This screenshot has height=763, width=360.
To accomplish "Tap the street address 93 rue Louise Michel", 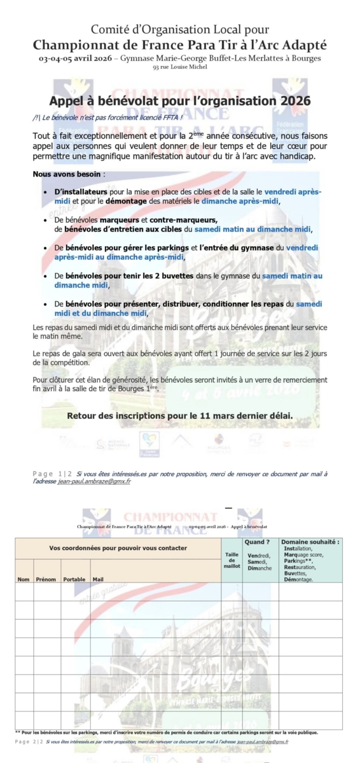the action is click(x=179, y=67).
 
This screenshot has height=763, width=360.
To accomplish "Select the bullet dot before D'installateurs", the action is click(x=44, y=192).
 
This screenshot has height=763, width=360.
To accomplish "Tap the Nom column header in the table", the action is click(x=24, y=579).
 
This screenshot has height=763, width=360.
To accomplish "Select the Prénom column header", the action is click(x=46, y=579).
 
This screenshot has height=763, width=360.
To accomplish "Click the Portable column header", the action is click(x=74, y=579).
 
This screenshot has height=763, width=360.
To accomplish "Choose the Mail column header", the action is click(x=98, y=579).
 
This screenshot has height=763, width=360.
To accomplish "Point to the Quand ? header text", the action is click(x=257, y=542).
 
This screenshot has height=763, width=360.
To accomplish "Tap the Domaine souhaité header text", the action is click(x=310, y=542).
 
